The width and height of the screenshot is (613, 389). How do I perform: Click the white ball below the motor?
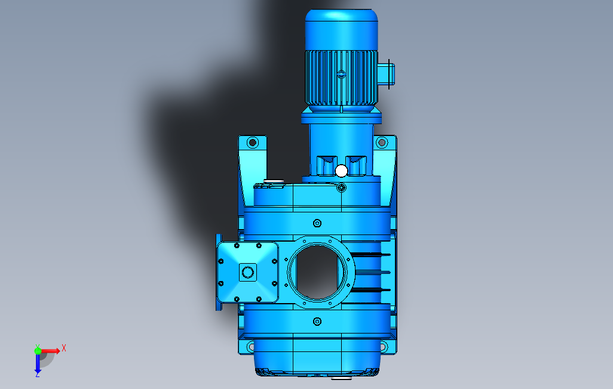pos(341,171)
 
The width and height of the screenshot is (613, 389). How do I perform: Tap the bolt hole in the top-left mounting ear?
pos(253,143)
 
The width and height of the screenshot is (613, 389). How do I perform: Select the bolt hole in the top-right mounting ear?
pos(382,143)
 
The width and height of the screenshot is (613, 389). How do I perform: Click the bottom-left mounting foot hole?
pos(250,347)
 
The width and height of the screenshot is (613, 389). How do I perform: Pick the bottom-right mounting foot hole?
pos(384,347)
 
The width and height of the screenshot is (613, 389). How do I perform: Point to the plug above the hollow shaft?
pos(317,223)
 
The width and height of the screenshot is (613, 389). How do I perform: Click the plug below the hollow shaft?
pos(317,322)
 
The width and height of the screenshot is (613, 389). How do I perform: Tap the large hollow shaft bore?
pos(317,272)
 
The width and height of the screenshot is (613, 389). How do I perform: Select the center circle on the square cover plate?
pos(247,272)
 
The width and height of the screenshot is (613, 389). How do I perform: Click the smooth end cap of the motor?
pos(341,30)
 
